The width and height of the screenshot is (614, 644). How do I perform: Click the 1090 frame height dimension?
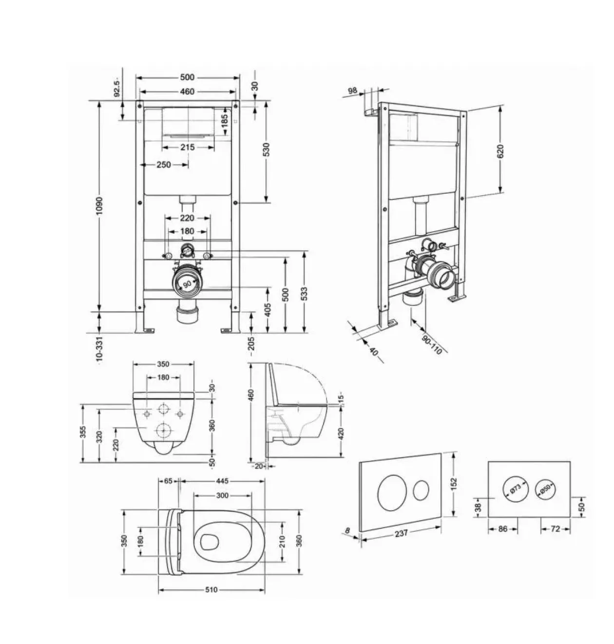99,206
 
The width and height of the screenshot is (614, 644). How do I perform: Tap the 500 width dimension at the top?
187,77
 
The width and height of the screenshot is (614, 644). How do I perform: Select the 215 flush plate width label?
188,147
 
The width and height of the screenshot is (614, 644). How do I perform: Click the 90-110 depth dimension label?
432,344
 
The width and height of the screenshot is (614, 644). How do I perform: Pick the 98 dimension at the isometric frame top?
352,90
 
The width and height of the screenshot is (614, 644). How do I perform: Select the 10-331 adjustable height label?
99,349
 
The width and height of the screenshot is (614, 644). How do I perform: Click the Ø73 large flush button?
516,489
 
